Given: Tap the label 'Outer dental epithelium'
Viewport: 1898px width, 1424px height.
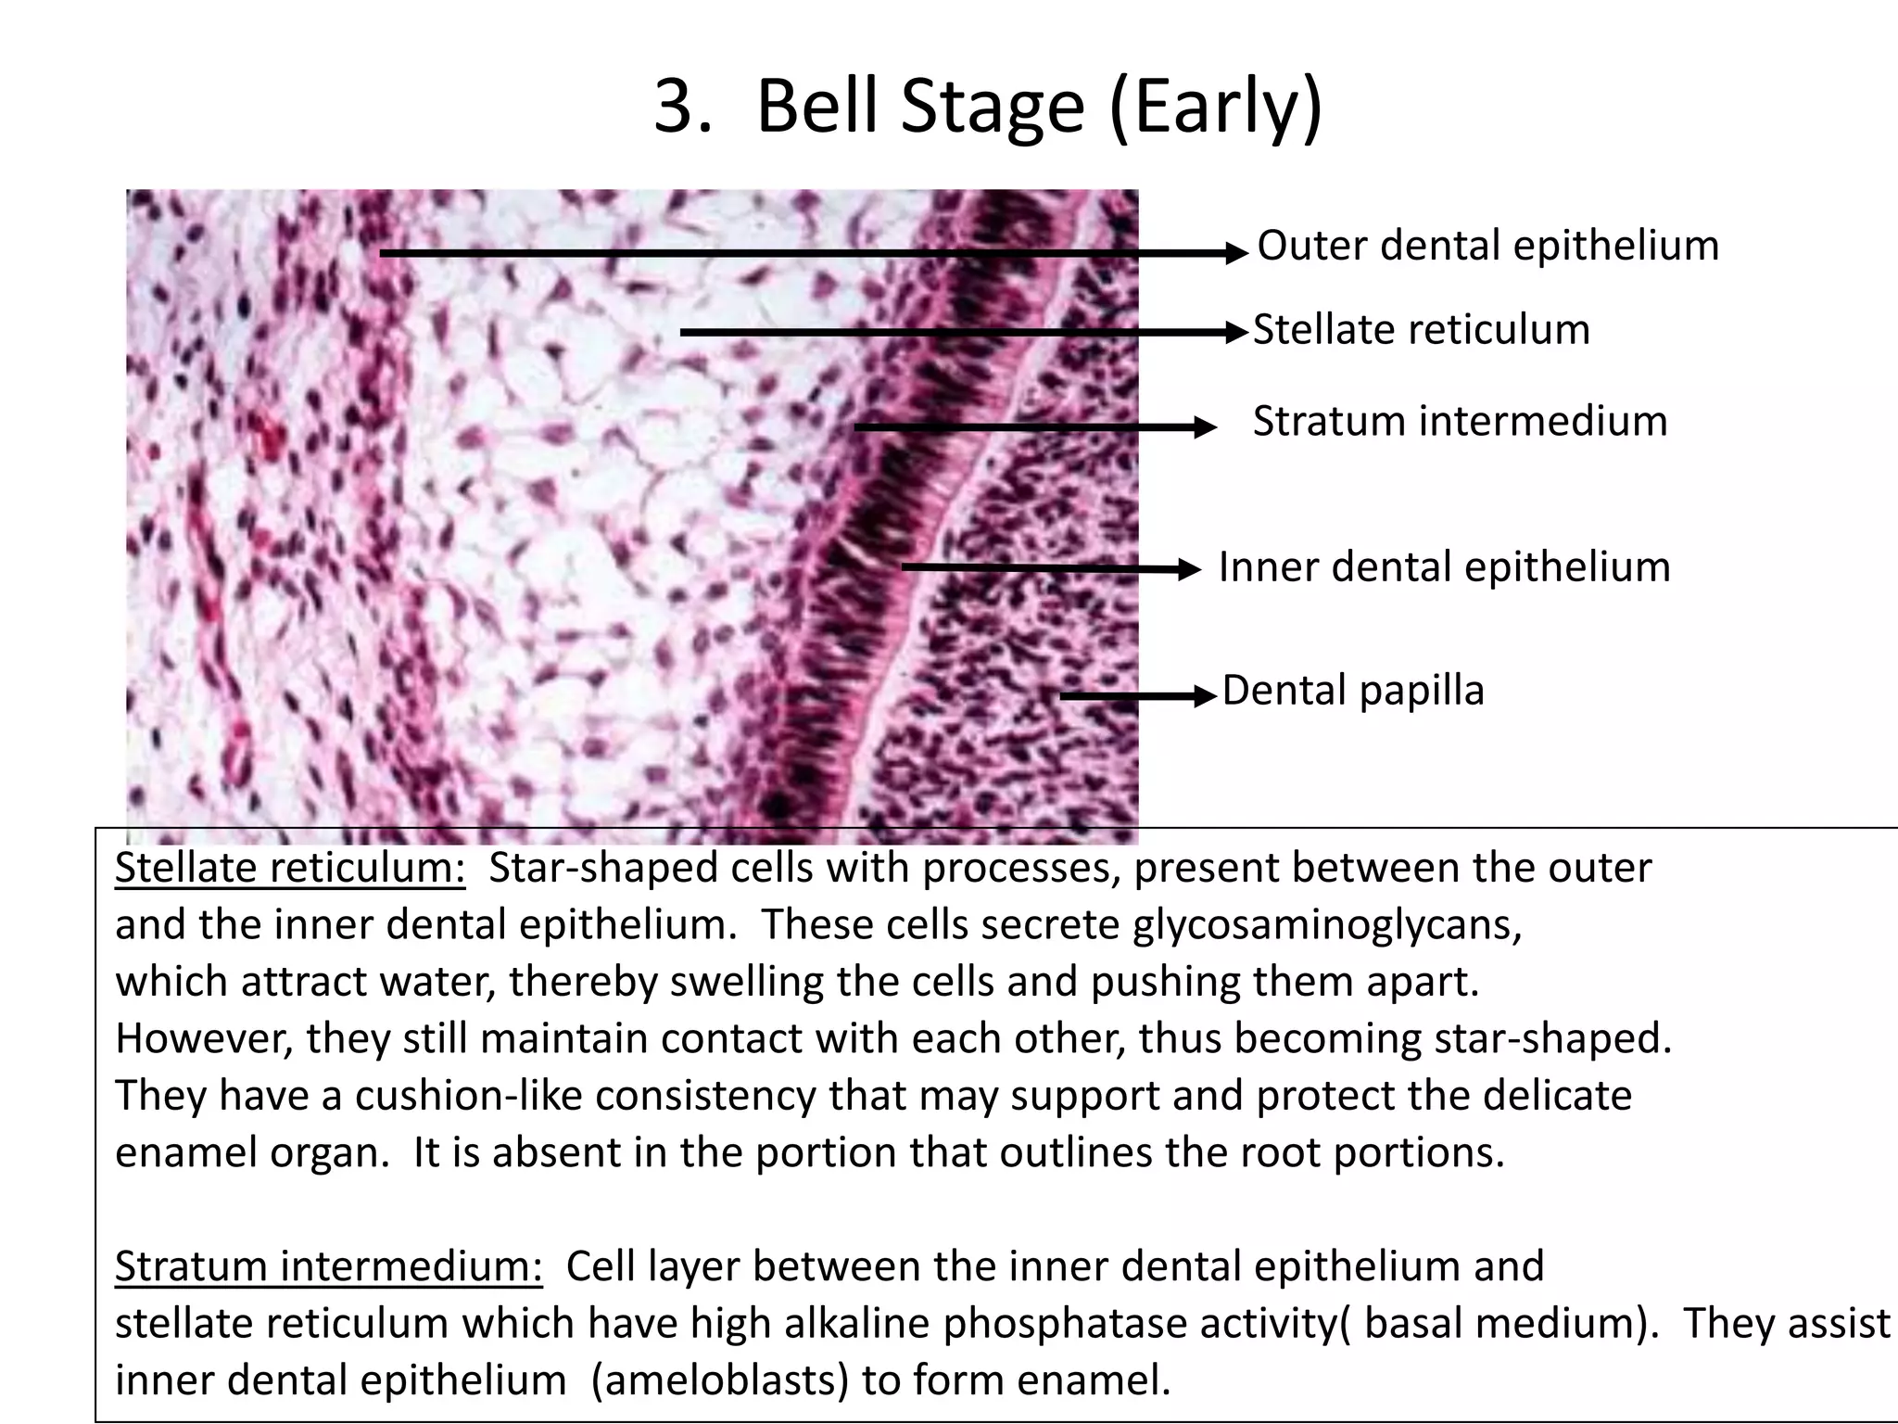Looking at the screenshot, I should (x=1487, y=246).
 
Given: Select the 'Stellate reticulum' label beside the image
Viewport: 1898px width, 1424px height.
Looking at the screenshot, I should (x=1421, y=330).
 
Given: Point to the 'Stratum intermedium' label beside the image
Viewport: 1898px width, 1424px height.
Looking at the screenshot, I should (x=1460, y=421).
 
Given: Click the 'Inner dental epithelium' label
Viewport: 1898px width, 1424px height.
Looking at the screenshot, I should (x=1444, y=566).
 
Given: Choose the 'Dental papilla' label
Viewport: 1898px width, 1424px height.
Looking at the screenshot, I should (x=1353, y=691).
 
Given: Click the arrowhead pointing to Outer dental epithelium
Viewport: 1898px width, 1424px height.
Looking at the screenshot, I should (x=1238, y=253).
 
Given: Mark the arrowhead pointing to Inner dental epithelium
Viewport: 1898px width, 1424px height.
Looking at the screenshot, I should (x=1190, y=569).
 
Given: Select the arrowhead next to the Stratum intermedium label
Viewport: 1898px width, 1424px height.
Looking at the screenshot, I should (x=1205, y=427).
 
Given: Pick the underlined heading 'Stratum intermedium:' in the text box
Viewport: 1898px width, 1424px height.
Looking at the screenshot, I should (x=328, y=1266).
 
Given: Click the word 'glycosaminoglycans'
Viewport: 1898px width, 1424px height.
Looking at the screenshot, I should (x=1326, y=925).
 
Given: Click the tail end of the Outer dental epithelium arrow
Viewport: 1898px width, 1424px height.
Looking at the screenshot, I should (x=383, y=252).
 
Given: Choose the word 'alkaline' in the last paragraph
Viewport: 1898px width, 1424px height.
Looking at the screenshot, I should (x=856, y=1324).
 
